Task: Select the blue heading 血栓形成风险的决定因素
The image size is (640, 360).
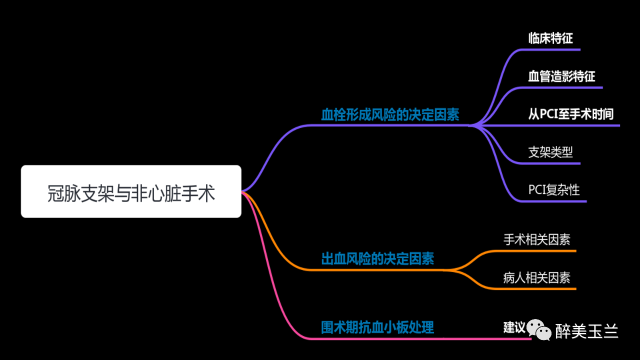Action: tap(390, 115)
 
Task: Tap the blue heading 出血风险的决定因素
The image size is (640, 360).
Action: tap(377, 258)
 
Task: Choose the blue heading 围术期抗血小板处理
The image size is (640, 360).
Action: tap(377, 327)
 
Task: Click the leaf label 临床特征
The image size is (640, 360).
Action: tap(550, 38)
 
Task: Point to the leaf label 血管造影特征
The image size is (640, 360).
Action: tap(561, 76)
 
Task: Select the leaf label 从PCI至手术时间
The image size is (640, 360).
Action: tap(570, 114)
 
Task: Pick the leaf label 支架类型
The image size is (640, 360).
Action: tap(550, 152)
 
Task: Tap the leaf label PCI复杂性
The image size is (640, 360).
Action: tap(554, 190)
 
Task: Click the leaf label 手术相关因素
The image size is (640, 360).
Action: tap(536, 239)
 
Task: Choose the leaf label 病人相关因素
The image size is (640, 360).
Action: tap(536, 277)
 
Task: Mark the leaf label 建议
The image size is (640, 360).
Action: tap(514, 327)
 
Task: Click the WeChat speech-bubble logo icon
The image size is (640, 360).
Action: tap(540, 329)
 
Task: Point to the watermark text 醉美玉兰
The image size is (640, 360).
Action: tap(586, 331)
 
